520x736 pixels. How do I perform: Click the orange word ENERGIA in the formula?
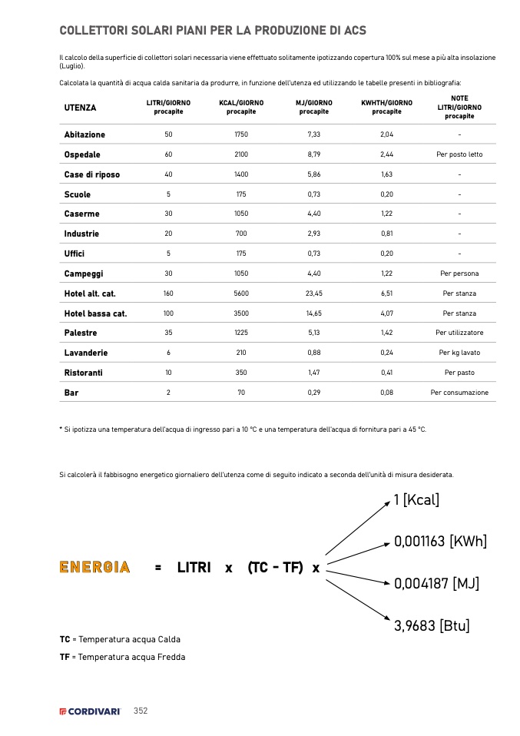coord(94,568)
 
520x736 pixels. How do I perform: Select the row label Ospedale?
coord(82,154)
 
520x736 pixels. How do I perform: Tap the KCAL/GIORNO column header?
coord(241,107)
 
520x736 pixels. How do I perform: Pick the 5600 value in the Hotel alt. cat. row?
coord(241,293)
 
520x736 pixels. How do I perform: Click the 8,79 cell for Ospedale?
coord(313,154)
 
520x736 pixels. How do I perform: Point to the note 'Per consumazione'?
coord(459,393)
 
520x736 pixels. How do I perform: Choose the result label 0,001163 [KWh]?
coord(440,542)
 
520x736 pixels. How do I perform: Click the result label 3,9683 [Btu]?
coord(431,626)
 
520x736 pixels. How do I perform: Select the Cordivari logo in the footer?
coord(91,711)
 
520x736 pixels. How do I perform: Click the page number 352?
coord(141,711)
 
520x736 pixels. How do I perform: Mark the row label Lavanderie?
coord(86,353)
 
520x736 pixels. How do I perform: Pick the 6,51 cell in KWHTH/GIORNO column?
coord(386,293)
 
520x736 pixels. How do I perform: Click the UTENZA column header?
coord(81,108)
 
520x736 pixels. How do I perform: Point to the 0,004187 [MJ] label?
coord(436,584)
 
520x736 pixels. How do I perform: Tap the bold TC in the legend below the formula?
coord(65,639)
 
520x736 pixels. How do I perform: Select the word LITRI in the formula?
coord(194,568)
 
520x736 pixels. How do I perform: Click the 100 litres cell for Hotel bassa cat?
coord(168,313)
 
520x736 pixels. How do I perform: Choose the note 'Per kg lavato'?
coord(459,353)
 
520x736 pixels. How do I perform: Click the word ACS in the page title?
coord(354,31)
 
